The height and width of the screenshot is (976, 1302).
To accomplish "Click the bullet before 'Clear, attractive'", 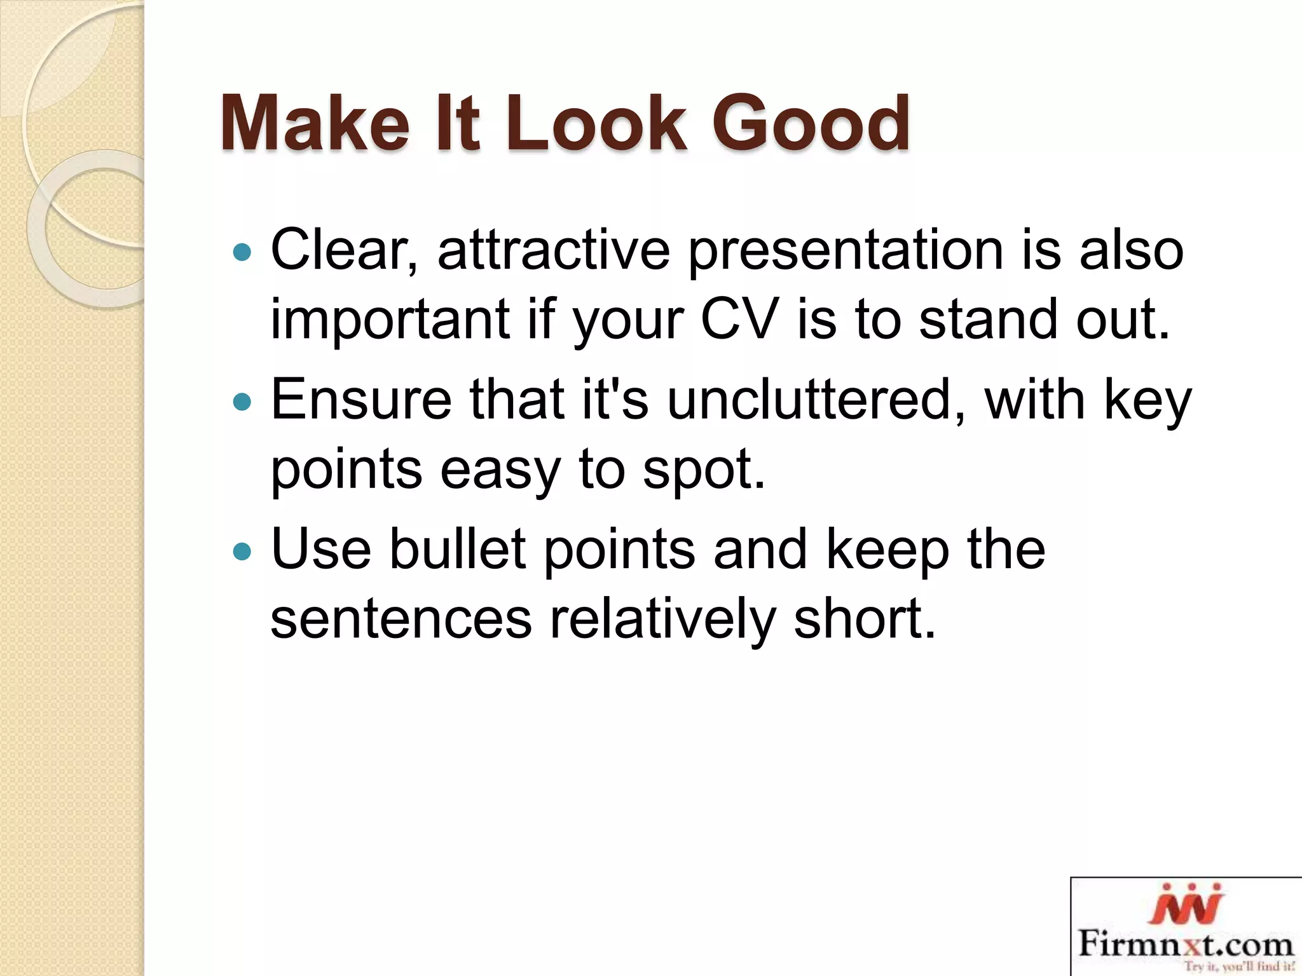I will [x=242, y=253].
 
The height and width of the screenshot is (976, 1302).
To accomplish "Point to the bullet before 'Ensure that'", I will [x=242, y=402].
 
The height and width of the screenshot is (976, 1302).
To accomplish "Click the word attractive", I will [x=553, y=250].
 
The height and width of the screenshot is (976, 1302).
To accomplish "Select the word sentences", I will [x=401, y=620].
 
